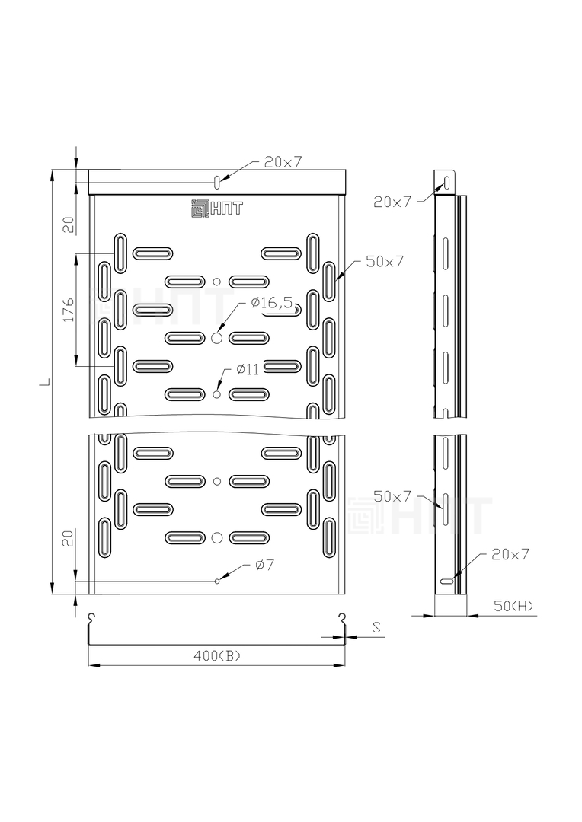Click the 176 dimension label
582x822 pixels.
coord(69,310)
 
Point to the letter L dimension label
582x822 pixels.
coord(46,381)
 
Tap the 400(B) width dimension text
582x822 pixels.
coord(217,655)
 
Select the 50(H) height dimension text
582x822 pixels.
coord(513,606)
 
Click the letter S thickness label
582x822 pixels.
coord(376,627)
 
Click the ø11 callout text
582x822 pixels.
coord(248,370)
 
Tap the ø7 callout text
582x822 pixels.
coord(265,565)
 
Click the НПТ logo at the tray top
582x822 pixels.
coord(217,208)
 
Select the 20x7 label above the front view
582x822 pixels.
coord(283,162)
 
